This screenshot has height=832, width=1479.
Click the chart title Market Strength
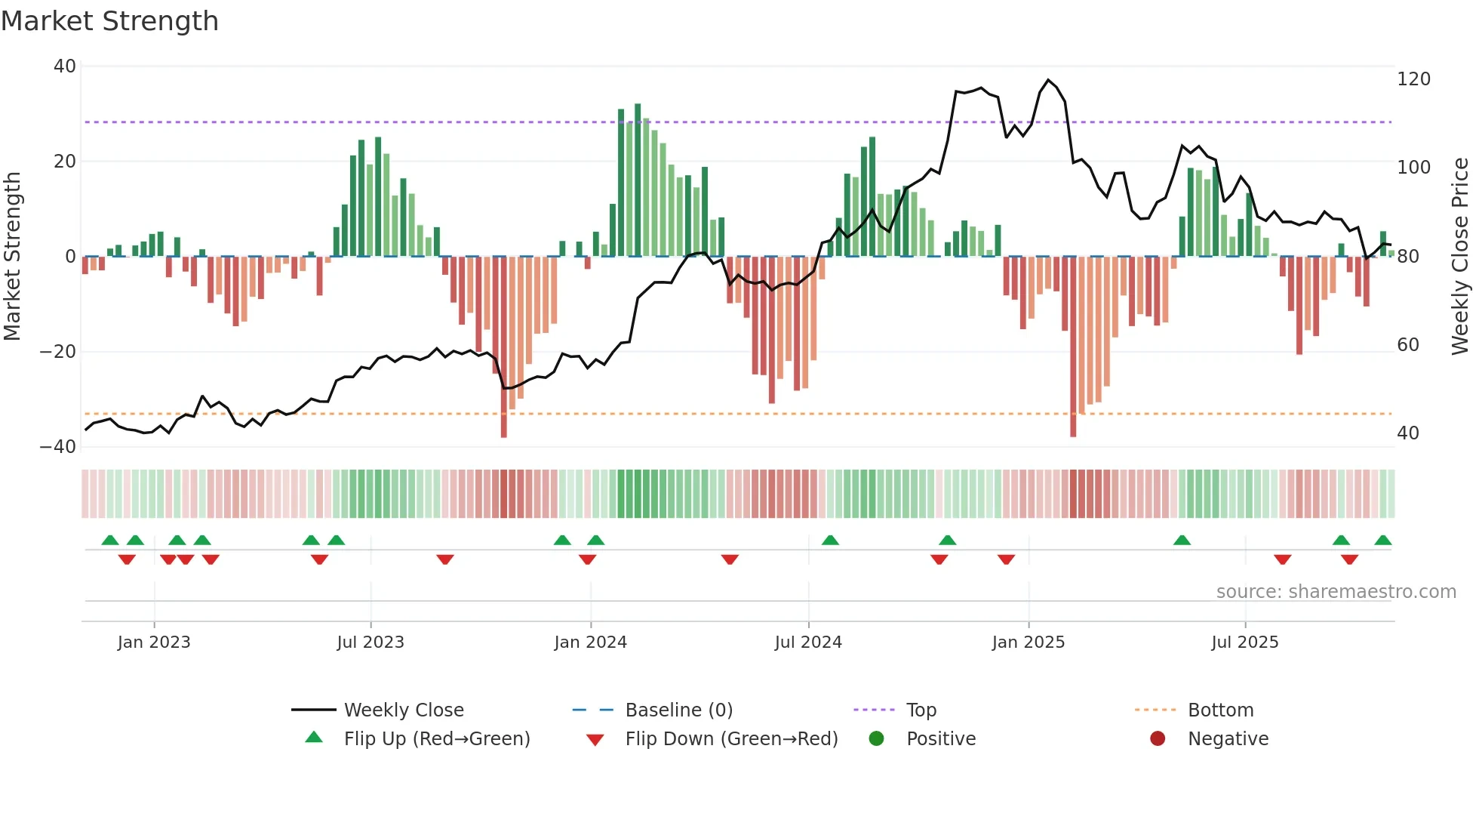point(109,21)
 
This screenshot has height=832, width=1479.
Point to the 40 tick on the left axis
point(65,66)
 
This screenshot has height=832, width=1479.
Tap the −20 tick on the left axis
point(58,352)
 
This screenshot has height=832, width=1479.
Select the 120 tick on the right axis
point(1413,79)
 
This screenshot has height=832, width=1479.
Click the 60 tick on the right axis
point(1408,345)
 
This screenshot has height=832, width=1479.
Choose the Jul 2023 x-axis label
point(371,642)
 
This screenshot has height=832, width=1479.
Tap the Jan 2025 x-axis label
point(1028,642)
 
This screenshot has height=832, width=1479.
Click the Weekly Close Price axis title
point(1461,257)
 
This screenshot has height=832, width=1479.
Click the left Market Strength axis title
point(12,257)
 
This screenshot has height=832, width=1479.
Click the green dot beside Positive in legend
point(876,739)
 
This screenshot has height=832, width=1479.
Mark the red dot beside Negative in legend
point(1158,739)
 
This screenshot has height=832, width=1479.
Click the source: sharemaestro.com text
point(1336,592)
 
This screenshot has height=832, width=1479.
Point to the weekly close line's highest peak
point(1048,80)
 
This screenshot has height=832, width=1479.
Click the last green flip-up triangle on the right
point(1382,541)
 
